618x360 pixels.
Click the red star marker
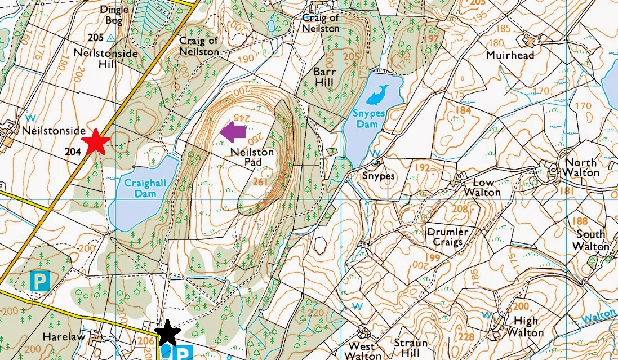tap(95, 141)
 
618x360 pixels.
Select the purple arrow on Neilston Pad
tap(233, 132)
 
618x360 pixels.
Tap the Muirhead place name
tap(510, 56)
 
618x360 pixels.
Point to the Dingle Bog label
tap(114, 16)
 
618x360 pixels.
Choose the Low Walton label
tap(482, 187)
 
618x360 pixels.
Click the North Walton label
tap(580, 167)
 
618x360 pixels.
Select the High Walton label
tap(525, 327)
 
